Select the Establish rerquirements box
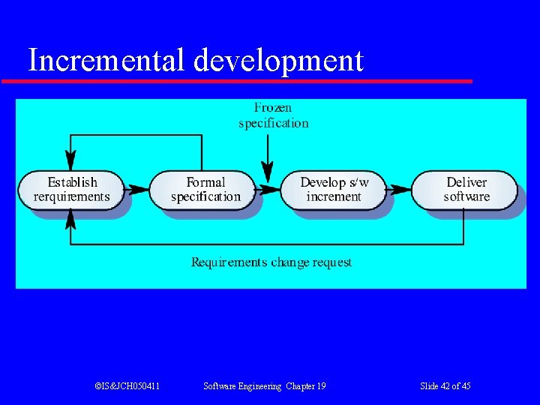pyautogui.click(x=71, y=190)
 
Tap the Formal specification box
pyautogui.click(x=205, y=190)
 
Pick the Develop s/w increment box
pyautogui.click(x=334, y=190)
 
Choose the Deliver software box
pyautogui.click(x=466, y=190)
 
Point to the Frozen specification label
pyautogui.click(x=273, y=115)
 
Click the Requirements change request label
pyautogui.click(x=271, y=262)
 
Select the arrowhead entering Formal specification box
pyautogui.click(x=140, y=190)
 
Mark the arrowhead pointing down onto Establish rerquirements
pyautogui.click(x=70, y=161)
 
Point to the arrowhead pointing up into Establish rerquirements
pyautogui.click(x=70, y=218)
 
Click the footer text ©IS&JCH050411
pyautogui.click(x=127, y=386)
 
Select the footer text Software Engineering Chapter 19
pyautogui.click(x=265, y=386)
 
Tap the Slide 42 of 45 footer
pyautogui.click(x=445, y=386)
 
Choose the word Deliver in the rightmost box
pyautogui.click(x=466, y=182)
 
